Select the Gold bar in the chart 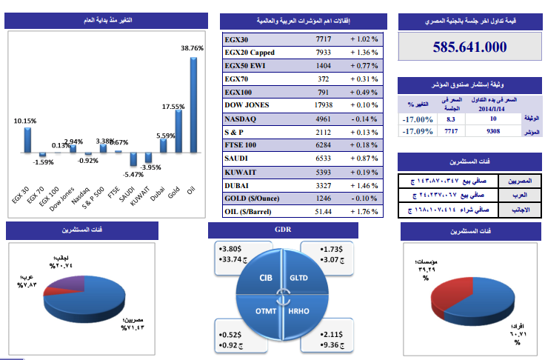(x=177, y=133)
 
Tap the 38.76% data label (x=192, y=47)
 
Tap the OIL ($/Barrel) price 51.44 (x=324, y=212)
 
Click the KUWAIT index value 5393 (x=324, y=172)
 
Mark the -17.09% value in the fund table (x=418, y=131)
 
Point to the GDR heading (x=283, y=230)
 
